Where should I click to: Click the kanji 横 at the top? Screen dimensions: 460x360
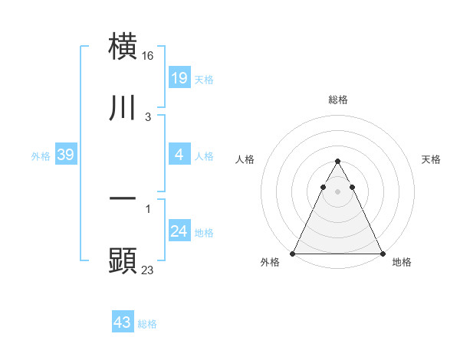pos(123,46)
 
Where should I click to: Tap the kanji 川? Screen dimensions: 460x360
pos(123,108)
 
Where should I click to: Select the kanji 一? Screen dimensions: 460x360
pos(123,198)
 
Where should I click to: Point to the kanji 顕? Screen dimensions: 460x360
pos(123,261)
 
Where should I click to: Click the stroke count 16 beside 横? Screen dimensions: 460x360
pos(149,56)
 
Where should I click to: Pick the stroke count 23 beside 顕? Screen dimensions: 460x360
pos(149,270)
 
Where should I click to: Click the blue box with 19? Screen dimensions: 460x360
pos(179,77)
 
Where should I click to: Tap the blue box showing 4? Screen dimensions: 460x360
pos(179,154)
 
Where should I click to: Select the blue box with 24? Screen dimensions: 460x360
pos(179,231)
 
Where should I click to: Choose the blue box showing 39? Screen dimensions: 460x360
pos(66,155)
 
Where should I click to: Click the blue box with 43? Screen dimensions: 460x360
pos(123,322)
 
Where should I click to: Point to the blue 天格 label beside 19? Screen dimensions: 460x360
pos(204,79)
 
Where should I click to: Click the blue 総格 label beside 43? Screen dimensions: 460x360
pos(147,324)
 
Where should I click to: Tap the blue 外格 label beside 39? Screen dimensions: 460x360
pos(41,155)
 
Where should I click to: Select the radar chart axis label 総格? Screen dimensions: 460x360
pos(337,100)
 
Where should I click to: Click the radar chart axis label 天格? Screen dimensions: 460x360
pos(432,159)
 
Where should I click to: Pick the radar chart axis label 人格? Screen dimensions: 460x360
pos(245,159)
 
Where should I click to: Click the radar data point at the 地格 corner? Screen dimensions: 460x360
pos(382,253)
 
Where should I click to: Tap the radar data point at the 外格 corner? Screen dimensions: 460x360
pos(293,253)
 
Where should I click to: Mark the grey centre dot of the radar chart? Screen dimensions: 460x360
pos(337,191)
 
